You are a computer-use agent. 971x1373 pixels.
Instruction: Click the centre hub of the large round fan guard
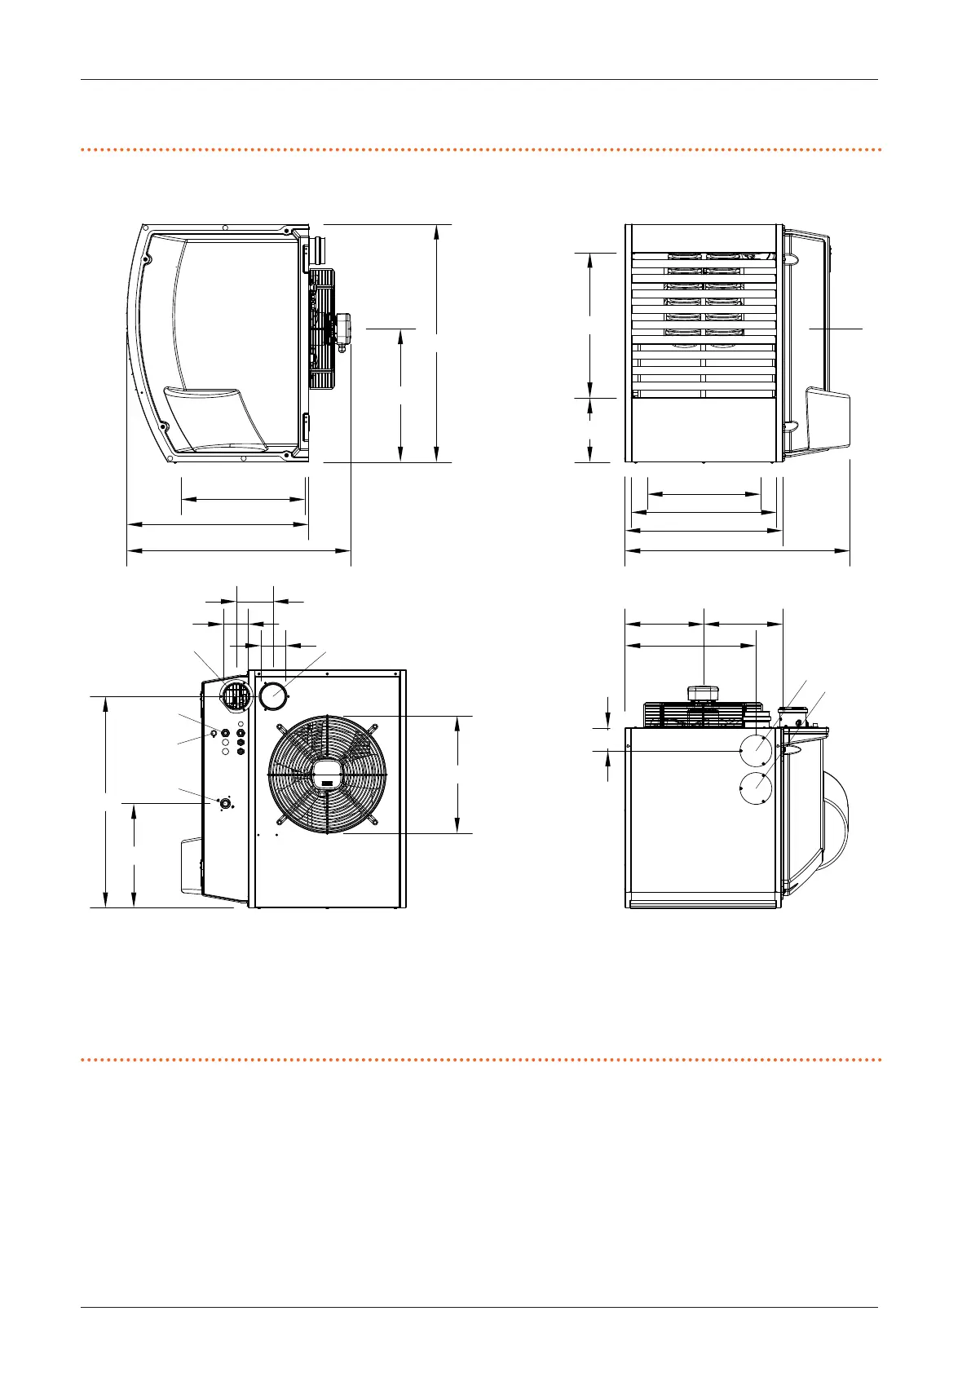327,774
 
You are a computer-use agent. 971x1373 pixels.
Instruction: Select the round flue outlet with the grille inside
236,696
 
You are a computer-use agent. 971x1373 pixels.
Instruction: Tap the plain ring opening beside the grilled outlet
273,696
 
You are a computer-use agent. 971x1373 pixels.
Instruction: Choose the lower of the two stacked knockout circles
755,788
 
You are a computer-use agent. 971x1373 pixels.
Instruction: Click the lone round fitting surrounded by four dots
223,804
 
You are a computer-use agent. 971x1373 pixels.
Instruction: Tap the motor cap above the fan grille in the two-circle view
703,693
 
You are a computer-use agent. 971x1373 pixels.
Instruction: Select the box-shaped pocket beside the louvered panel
827,419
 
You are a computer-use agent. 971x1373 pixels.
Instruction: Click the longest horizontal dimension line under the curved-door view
239,551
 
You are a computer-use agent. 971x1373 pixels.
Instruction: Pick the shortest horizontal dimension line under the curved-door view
243,499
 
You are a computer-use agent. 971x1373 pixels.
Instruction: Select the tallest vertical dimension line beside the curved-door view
438,342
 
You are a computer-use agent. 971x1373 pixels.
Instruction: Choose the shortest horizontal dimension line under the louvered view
703,494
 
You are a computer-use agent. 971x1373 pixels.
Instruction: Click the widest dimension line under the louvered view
737,551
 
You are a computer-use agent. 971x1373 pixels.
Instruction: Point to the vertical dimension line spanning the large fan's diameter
458,774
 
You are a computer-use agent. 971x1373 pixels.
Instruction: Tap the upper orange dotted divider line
481,150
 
